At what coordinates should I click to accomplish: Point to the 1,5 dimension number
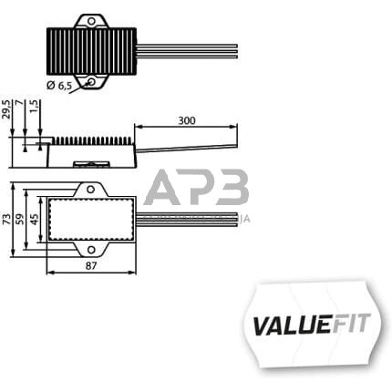pos(35,108)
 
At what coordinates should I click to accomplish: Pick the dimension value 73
pos(9,219)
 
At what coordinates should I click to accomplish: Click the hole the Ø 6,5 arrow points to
pos(92,83)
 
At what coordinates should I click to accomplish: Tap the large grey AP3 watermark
pos(197,191)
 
